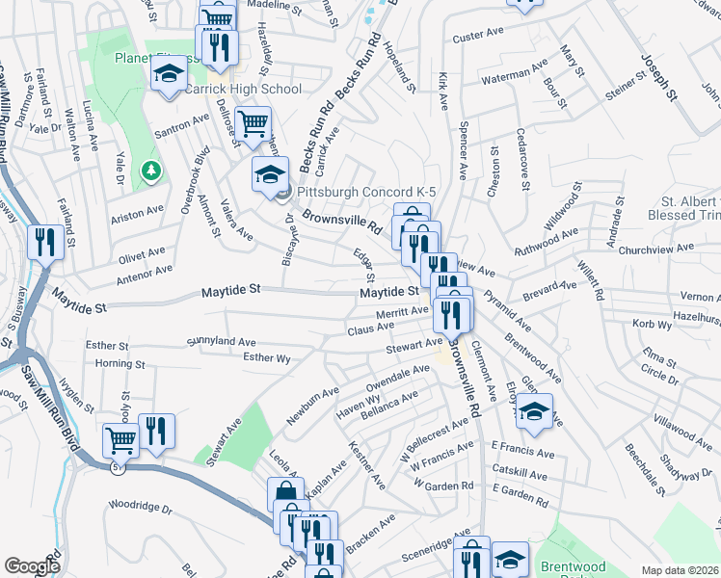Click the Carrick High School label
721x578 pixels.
(245, 89)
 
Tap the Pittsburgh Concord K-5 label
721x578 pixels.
(366, 193)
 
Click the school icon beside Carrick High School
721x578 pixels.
(169, 73)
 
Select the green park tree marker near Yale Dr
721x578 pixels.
(150, 171)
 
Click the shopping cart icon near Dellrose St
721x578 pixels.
(253, 124)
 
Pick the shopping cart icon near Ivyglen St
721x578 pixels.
(120, 441)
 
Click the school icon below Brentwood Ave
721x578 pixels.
(533, 412)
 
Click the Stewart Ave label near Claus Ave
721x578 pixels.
(414, 342)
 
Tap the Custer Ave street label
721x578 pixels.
(479, 34)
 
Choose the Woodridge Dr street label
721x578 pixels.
(139, 505)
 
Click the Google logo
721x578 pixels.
(33, 566)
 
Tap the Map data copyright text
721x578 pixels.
(680, 570)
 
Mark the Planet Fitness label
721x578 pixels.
(160, 57)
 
